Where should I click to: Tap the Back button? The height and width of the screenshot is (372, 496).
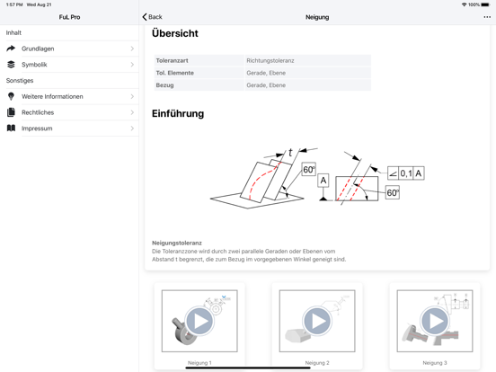pyautogui.click(x=153, y=17)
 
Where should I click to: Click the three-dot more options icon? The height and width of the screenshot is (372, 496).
pyautogui.click(x=487, y=17)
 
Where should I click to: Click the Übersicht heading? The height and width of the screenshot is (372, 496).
pyautogui.click(x=175, y=34)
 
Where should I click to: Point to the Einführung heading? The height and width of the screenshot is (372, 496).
pyautogui.click(x=178, y=114)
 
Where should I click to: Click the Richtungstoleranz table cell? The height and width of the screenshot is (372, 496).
pyautogui.click(x=270, y=60)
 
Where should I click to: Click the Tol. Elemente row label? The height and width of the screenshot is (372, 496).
pyautogui.click(x=175, y=73)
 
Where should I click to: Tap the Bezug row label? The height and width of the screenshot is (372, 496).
pyautogui.click(x=165, y=85)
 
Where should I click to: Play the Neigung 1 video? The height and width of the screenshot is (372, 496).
pyautogui.click(x=199, y=321)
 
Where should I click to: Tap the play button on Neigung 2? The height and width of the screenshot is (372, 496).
pyautogui.click(x=317, y=321)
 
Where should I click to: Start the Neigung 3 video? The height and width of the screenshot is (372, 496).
pyautogui.click(x=435, y=321)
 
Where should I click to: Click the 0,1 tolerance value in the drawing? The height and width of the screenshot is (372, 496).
pyautogui.click(x=406, y=173)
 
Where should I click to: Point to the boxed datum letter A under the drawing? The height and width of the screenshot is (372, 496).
pyautogui.click(x=323, y=181)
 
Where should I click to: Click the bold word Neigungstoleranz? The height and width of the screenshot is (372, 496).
pyautogui.click(x=177, y=243)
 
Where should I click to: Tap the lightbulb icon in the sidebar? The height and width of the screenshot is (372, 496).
pyautogui.click(x=11, y=96)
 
